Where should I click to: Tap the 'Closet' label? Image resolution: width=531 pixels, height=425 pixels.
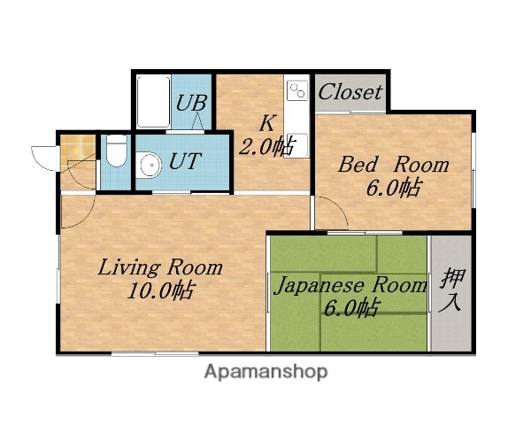click(350, 91)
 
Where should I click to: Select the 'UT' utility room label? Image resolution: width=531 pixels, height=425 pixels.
click(185, 161)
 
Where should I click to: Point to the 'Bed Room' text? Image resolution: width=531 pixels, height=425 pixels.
click(394, 165)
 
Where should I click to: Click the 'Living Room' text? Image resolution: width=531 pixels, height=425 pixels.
click(160, 267)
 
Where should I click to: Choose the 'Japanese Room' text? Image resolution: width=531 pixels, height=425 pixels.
click(350, 285)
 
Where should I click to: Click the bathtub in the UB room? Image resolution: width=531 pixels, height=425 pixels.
click(153, 102)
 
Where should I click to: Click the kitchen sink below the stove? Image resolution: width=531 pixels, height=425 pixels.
click(296, 143)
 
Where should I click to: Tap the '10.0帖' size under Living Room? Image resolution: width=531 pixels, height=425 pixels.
click(160, 290)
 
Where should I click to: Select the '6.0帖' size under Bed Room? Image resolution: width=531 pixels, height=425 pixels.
click(394, 188)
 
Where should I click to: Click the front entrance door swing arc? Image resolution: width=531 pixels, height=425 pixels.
click(44, 159)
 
